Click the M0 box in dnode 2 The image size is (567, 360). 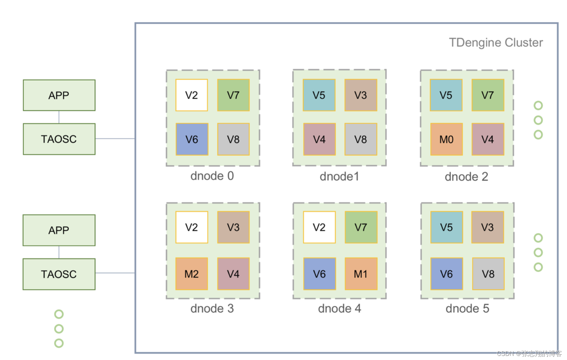point(446,139)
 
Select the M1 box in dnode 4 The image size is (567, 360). point(361,274)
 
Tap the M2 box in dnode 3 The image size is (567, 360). point(191,274)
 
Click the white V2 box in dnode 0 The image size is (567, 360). point(191,95)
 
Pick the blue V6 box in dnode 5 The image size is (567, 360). point(446,274)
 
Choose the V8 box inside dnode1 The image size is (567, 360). point(361,139)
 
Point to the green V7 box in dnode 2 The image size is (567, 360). point(487,95)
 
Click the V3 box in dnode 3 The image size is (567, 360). point(233,227)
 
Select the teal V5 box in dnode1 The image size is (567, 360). point(319,95)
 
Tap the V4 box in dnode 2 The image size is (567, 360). point(487,139)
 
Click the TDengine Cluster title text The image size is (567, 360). point(496,43)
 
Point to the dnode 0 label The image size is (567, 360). point(212,176)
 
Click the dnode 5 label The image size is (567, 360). point(467,308)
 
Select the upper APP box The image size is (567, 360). point(59,95)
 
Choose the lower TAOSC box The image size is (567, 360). point(59,274)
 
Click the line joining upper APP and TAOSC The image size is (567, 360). point(59,117)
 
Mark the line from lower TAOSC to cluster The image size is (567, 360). point(115,273)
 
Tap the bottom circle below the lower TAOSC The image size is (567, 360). point(59,343)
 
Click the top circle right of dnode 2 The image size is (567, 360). point(538,105)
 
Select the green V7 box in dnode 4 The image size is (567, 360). point(361,227)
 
